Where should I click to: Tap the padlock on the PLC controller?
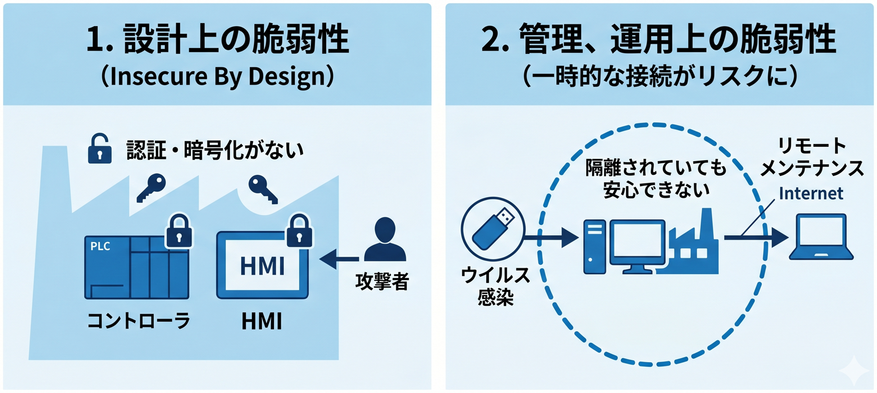tap(179, 231)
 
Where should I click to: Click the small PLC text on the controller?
tap(100, 246)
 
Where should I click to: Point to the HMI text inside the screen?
tap(262, 266)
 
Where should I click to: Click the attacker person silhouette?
tap(385, 239)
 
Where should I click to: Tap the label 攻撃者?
tap(382, 281)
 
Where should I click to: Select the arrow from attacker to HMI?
tap(339, 259)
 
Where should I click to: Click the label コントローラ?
tap(139, 321)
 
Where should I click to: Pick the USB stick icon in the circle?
tap(494, 229)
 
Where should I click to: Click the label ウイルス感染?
tap(495, 286)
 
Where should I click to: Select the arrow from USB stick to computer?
tap(551, 237)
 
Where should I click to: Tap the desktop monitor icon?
tap(638, 246)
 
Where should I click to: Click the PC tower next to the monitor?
tap(594, 246)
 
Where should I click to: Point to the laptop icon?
tap(821, 236)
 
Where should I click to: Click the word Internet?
tap(811, 194)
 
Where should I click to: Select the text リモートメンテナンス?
tap(812, 157)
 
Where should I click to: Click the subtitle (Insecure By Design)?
tap(218, 76)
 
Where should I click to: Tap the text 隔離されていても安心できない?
tap(656, 178)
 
